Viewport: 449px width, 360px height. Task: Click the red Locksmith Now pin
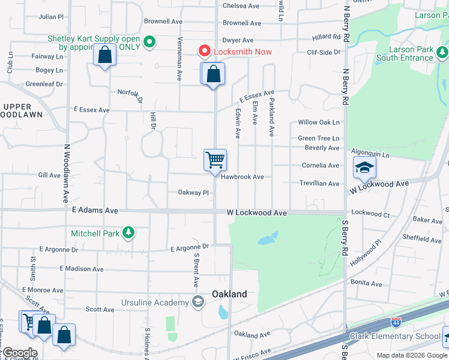pyautogui.click(x=205, y=52)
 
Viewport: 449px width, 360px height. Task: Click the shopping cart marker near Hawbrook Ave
pyautogui.click(x=215, y=161)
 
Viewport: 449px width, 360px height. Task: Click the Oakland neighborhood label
pyautogui.click(x=229, y=294)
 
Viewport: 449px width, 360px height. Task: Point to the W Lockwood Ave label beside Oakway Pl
pyautogui.click(x=256, y=212)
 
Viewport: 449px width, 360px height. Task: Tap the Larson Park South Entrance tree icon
pyautogui.click(x=442, y=53)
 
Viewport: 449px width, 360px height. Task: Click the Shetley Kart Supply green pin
pyautogui.click(x=150, y=43)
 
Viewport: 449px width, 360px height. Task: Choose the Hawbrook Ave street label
pyautogui.click(x=242, y=177)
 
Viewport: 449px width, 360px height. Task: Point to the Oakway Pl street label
pyautogui.click(x=193, y=193)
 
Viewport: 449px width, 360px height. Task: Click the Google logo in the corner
pyautogui.click(x=19, y=353)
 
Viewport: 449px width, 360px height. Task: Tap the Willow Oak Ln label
pyautogui.click(x=319, y=122)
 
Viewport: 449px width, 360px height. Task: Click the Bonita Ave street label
pyautogui.click(x=367, y=283)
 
